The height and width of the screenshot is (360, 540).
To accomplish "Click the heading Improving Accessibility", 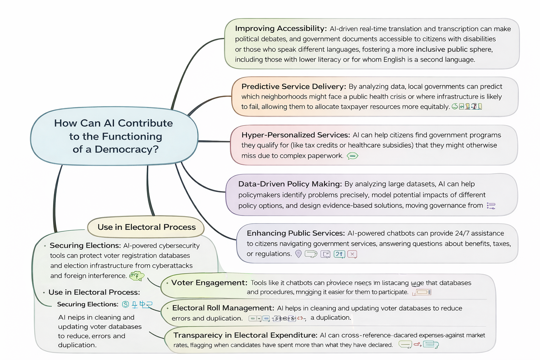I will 281,28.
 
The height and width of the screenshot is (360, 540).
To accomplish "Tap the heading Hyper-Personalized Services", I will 295,135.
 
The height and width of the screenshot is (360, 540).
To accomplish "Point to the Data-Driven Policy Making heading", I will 290,184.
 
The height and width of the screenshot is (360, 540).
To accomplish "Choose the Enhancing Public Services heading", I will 295,233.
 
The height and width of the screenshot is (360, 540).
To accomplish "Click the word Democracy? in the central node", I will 127,149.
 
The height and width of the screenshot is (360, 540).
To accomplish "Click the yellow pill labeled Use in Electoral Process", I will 146,227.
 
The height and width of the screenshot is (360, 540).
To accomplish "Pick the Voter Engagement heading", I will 209,283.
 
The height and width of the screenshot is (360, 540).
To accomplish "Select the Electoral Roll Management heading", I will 223,308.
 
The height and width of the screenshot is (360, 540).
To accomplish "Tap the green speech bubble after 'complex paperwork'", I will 352,156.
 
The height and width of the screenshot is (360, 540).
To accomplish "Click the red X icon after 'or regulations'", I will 352,254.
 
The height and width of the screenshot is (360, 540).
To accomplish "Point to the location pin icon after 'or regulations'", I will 298,253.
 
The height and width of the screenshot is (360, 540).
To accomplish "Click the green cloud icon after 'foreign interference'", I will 137,276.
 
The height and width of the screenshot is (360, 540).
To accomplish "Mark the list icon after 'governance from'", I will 491,206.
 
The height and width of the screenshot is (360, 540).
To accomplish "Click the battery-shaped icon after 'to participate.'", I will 423,292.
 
